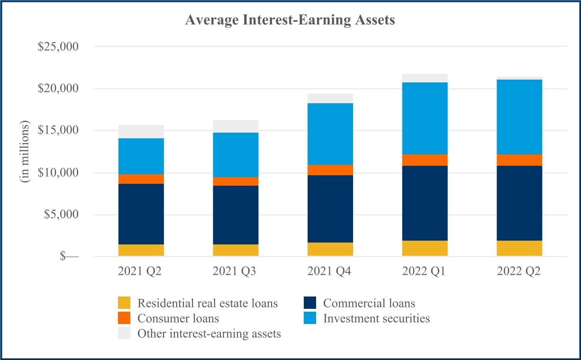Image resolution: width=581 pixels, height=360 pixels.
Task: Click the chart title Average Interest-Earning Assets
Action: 290,20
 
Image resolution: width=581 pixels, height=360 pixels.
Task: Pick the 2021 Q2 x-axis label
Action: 141,271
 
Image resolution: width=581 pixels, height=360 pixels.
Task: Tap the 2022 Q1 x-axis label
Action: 425,271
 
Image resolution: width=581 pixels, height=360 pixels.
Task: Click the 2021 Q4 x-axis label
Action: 330,271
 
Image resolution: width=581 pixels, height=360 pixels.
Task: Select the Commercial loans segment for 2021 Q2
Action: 141,214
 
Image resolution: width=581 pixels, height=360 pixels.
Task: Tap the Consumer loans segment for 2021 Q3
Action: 236,181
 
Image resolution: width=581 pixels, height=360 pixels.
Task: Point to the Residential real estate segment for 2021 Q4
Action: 330,250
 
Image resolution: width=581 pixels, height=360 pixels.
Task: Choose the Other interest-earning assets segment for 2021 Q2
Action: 141,132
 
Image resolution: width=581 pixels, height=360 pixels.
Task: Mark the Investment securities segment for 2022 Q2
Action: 519,117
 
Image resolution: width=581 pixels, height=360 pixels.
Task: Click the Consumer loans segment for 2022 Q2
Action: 519,160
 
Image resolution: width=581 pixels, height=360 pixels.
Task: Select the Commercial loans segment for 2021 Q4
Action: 330,209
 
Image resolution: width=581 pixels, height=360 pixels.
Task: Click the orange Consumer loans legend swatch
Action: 124,318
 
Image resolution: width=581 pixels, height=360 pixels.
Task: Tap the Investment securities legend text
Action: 376,318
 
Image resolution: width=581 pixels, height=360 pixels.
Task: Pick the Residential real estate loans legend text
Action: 208,303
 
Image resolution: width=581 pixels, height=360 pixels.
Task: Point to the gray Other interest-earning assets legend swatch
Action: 124,333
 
